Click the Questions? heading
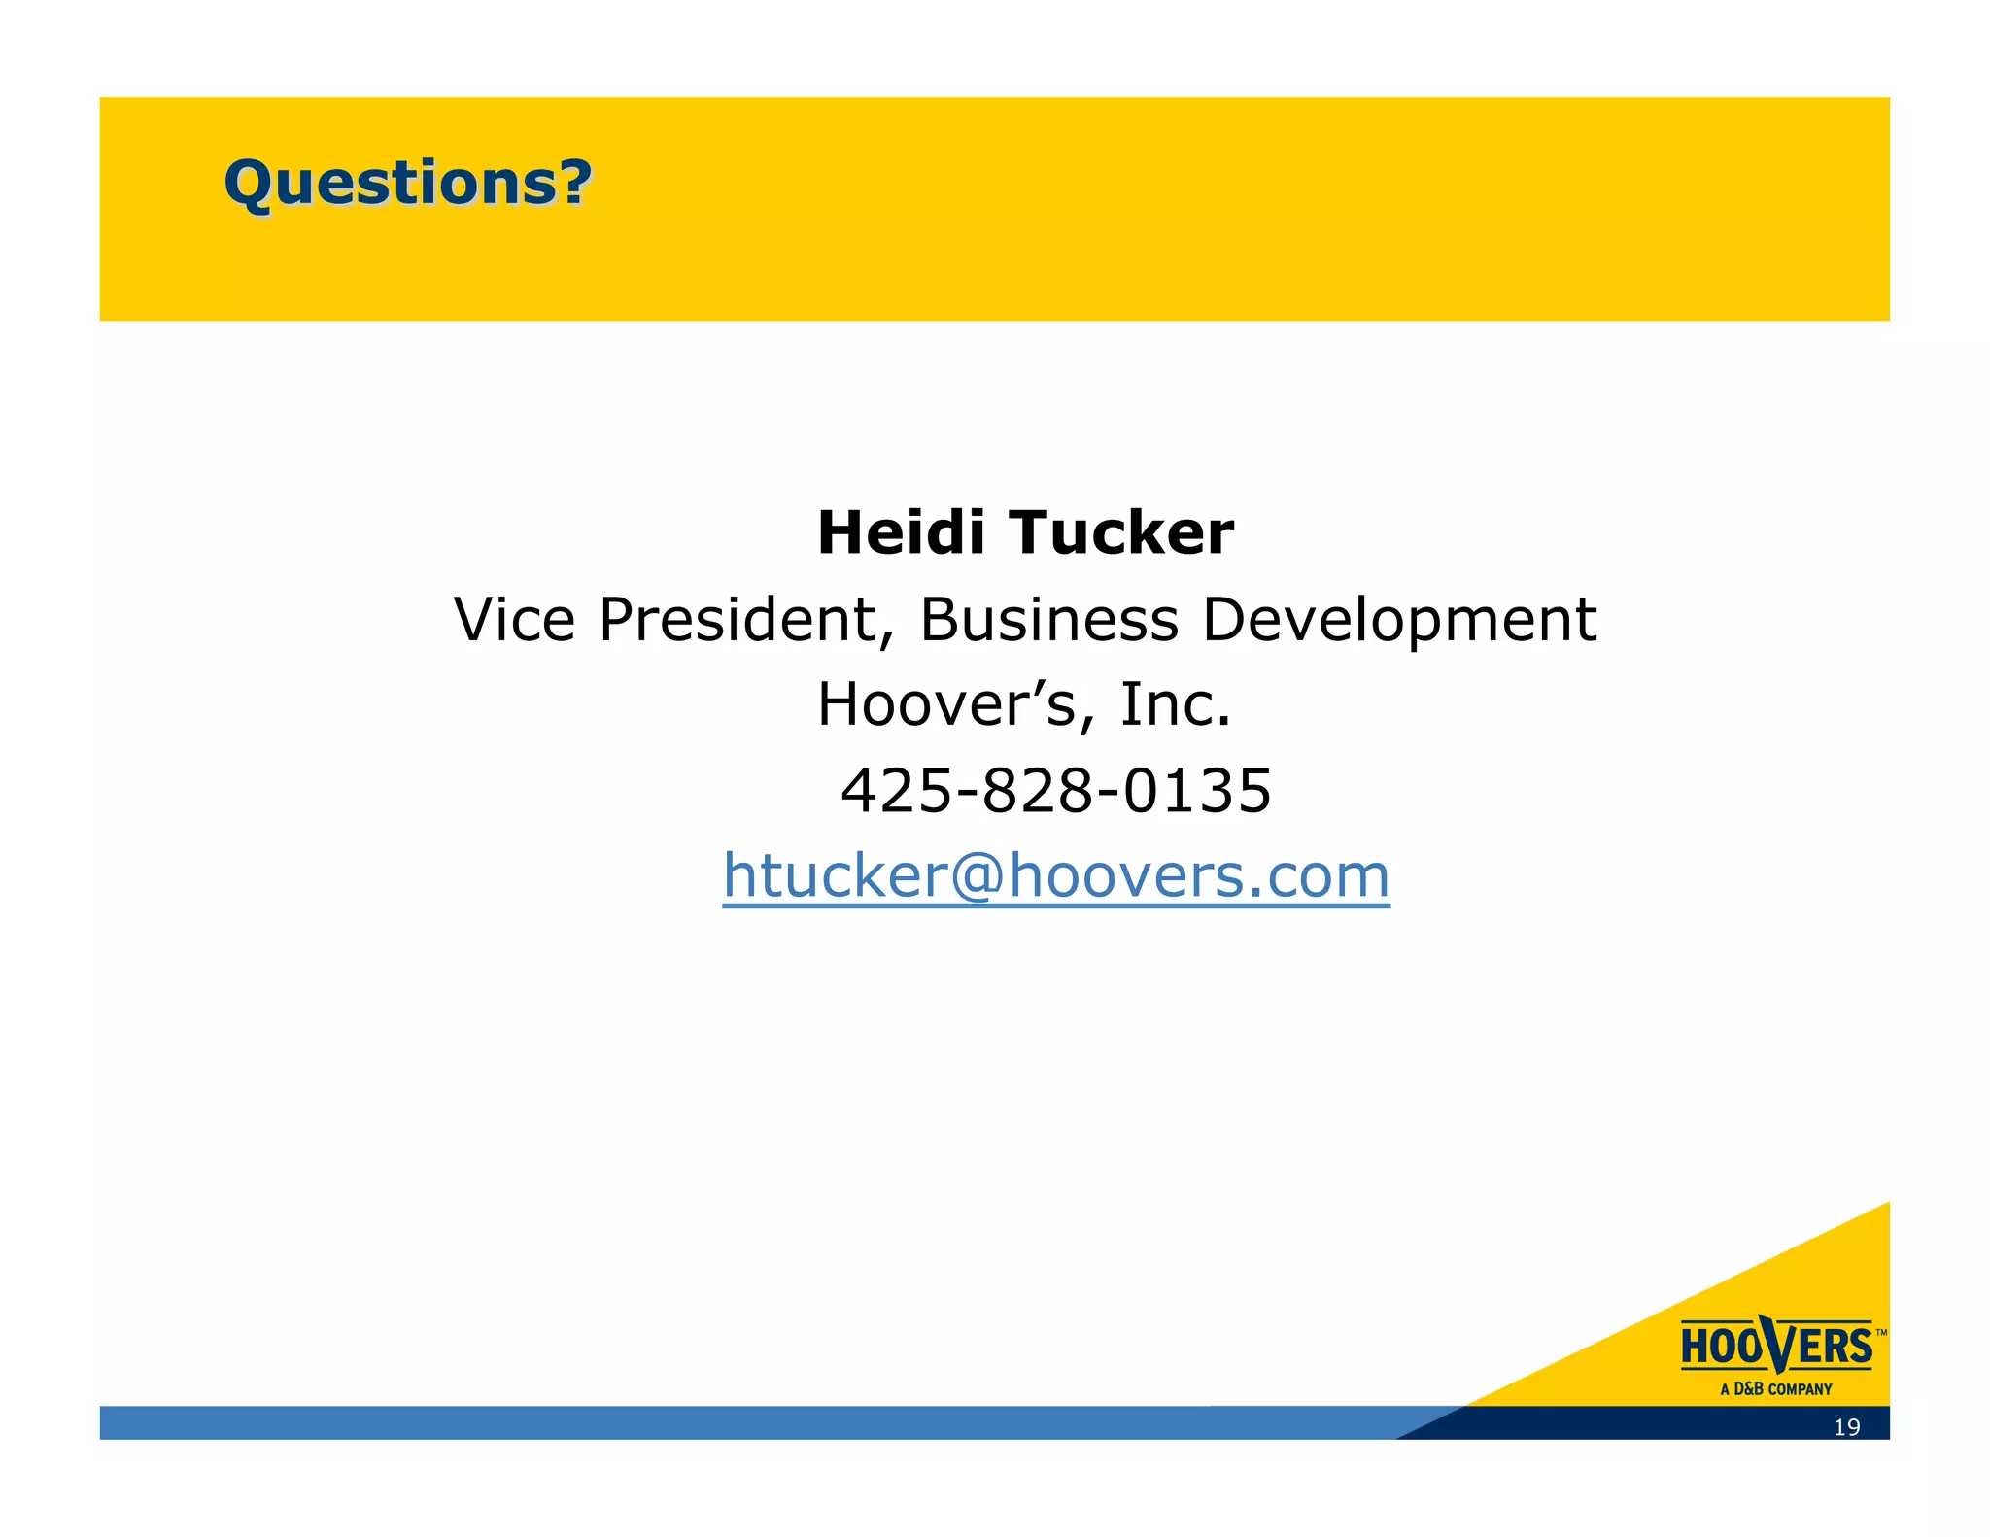[x=408, y=183]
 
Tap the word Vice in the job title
[x=515, y=619]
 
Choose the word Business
[x=1048, y=619]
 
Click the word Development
[x=1399, y=619]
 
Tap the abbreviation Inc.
[x=1176, y=704]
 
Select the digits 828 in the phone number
[x=1039, y=790]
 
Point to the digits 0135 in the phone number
[x=1197, y=790]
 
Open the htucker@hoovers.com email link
[x=1056, y=875]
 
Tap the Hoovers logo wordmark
[x=1776, y=1347]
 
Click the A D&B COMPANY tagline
[x=1776, y=1389]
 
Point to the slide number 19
[x=1846, y=1427]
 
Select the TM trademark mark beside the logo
[x=1881, y=1333]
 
